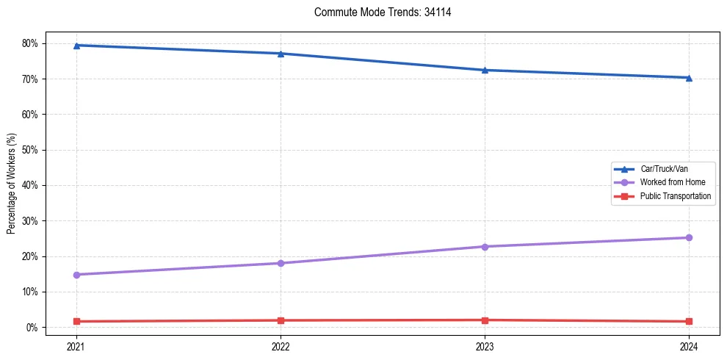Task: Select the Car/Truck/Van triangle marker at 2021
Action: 76,46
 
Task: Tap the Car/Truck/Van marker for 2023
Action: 485,70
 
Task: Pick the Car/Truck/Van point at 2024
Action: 689,77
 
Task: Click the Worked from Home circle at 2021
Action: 76,275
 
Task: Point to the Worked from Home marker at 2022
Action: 281,263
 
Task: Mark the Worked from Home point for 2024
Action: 689,237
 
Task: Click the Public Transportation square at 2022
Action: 281,320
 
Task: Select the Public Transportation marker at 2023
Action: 485,320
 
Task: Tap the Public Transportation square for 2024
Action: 689,321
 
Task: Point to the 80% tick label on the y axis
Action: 30,43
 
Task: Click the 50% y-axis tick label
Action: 30,150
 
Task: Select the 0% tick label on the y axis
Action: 32,327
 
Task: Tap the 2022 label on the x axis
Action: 281,345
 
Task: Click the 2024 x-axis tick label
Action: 689,345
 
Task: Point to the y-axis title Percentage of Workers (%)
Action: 11,184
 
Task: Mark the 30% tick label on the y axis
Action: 30,220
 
